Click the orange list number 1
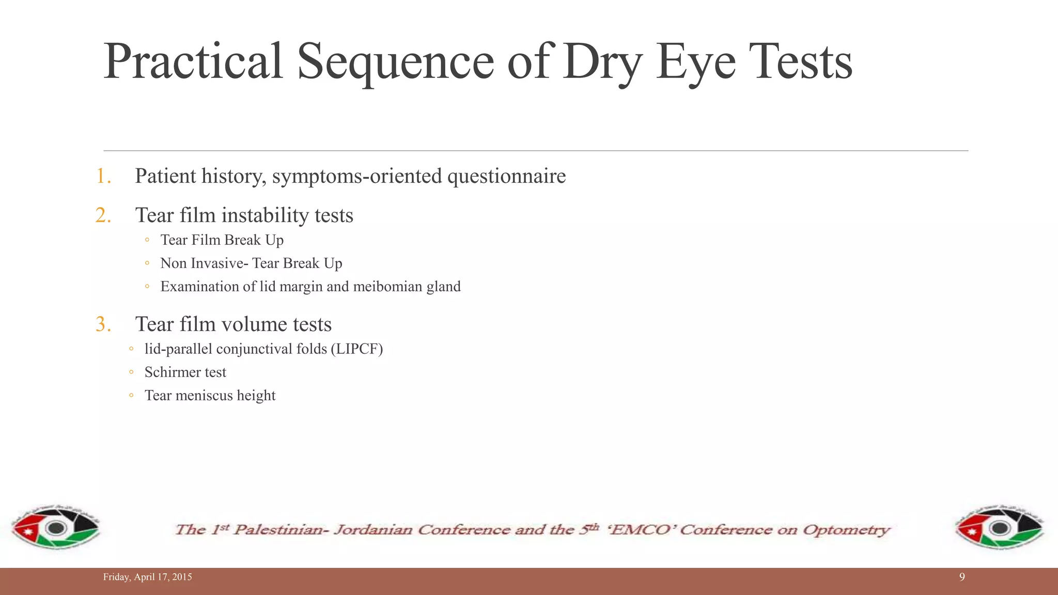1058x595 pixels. pyautogui.click(x=103, y=176)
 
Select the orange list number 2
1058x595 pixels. pyautogui.click(x=103, y=215)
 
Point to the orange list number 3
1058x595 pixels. pyautogui.click(x=103, y=324)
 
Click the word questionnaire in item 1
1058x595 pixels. pyautogui.click(x=506, y=177)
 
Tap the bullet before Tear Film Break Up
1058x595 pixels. pyautogui.click(x=147, y=240)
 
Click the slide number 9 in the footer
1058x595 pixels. pyautogui.click(x=962, y=577)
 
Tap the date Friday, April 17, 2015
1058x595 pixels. pyautogui.click(x=147, y=577)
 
